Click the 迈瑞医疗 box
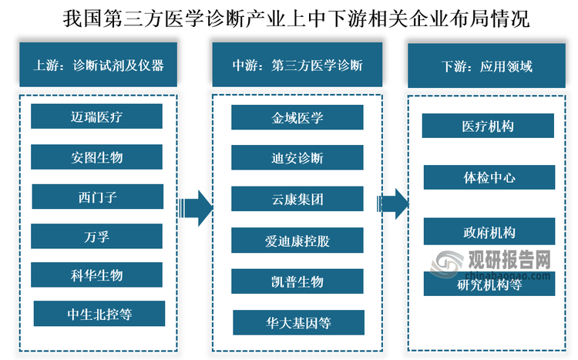tap(96, 117)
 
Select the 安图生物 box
tap(96, 157)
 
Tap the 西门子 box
tap(96, 197)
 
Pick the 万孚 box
tap(96, 237)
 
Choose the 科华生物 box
tap(96, 275)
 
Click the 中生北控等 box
tap(99, 314)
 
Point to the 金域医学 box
tap(297, 117)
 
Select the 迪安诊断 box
tap(297, 158)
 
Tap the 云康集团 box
tap(297, 198)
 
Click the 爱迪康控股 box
tap(297, 241)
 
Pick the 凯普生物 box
tap(297, 281)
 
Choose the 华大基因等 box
tap(299, 320)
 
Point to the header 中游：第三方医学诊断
tap(297, 66)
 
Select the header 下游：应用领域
tap(487, 66)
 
